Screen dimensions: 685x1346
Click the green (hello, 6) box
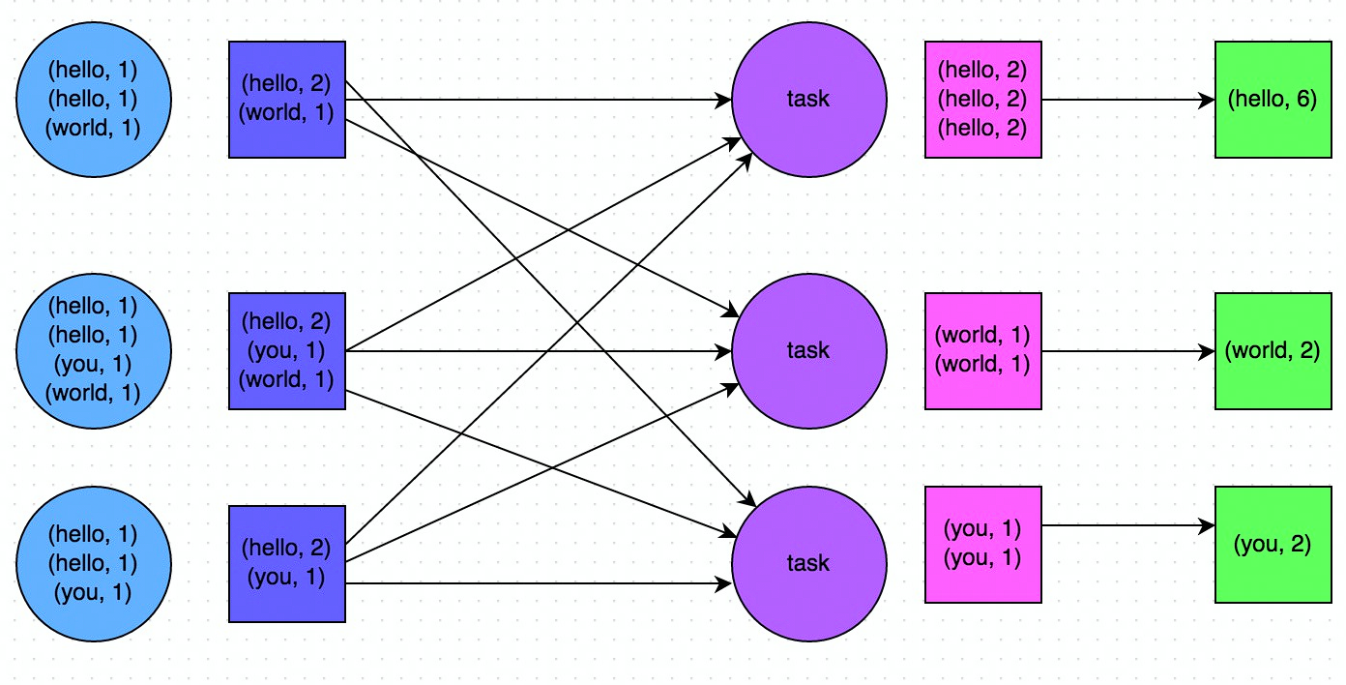point(1272,100)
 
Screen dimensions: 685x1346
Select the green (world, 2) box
point(1272,350)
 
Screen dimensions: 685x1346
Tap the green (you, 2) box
point(1272,545)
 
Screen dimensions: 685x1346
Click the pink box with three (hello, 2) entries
point(982,100)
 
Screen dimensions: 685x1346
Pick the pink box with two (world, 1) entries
point(982,350)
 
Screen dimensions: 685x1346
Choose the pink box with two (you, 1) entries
point(982,545)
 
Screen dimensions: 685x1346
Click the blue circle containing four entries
point(94,349)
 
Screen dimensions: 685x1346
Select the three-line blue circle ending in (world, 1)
point(94,99)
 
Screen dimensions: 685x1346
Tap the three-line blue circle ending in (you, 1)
point(94,562)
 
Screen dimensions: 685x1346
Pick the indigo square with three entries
point(286,350)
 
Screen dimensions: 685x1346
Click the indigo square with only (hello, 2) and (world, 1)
point(286,100)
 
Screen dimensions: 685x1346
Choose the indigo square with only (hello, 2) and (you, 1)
point(286,563)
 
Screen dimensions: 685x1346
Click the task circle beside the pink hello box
point(808,99)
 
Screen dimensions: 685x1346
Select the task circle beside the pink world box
point(808,349)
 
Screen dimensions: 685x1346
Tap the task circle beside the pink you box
point(808,563)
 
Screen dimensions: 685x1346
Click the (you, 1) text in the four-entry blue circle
point(94,364)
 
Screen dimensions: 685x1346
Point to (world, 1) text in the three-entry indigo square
point(286,379)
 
